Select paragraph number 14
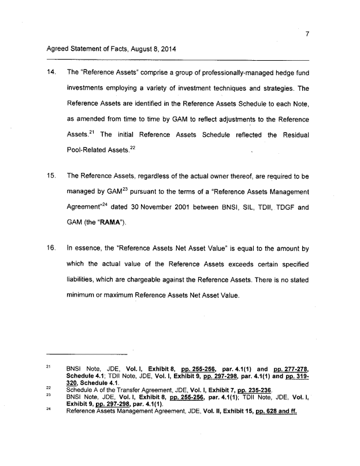[x=51, y=73]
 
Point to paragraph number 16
[x=51, y=249]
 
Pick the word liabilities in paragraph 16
[x=84, y=279]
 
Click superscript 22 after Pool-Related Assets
[x=132, y=147]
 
